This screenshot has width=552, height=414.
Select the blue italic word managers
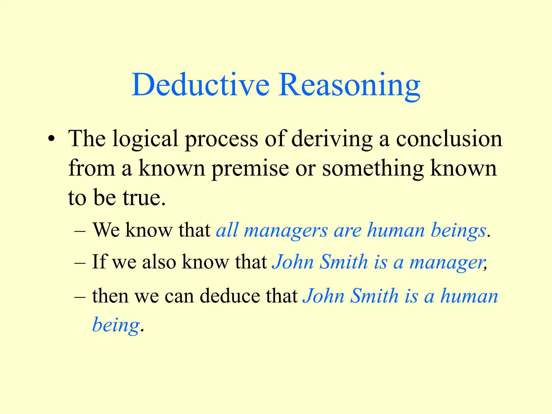tap(286, 231)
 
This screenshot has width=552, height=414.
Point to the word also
tap(159, 262)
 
